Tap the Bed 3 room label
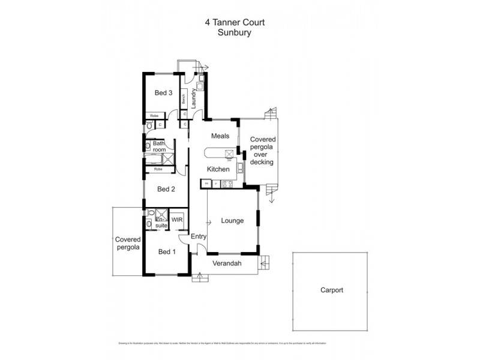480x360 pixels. [x=164, y=93]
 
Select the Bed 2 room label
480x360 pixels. [x=166, y=189]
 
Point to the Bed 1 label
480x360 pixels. [x=167, y=251]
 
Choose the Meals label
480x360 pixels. [x=220, y=136]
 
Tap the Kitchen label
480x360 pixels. [x=218, y=169]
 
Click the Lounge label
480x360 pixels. [x=232, y=220]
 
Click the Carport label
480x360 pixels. [x=331, y=290]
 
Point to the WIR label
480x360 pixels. [x=178, y=220]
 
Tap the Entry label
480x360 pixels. [x=199, y=236]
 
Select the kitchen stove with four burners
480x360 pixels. [x=227, y=183]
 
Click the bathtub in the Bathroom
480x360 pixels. [x=154, y=159]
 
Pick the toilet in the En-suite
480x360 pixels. [x=148, y=224]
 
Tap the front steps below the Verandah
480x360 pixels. [x=199, y=278]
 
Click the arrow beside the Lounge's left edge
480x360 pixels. [x=210, y=223]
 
